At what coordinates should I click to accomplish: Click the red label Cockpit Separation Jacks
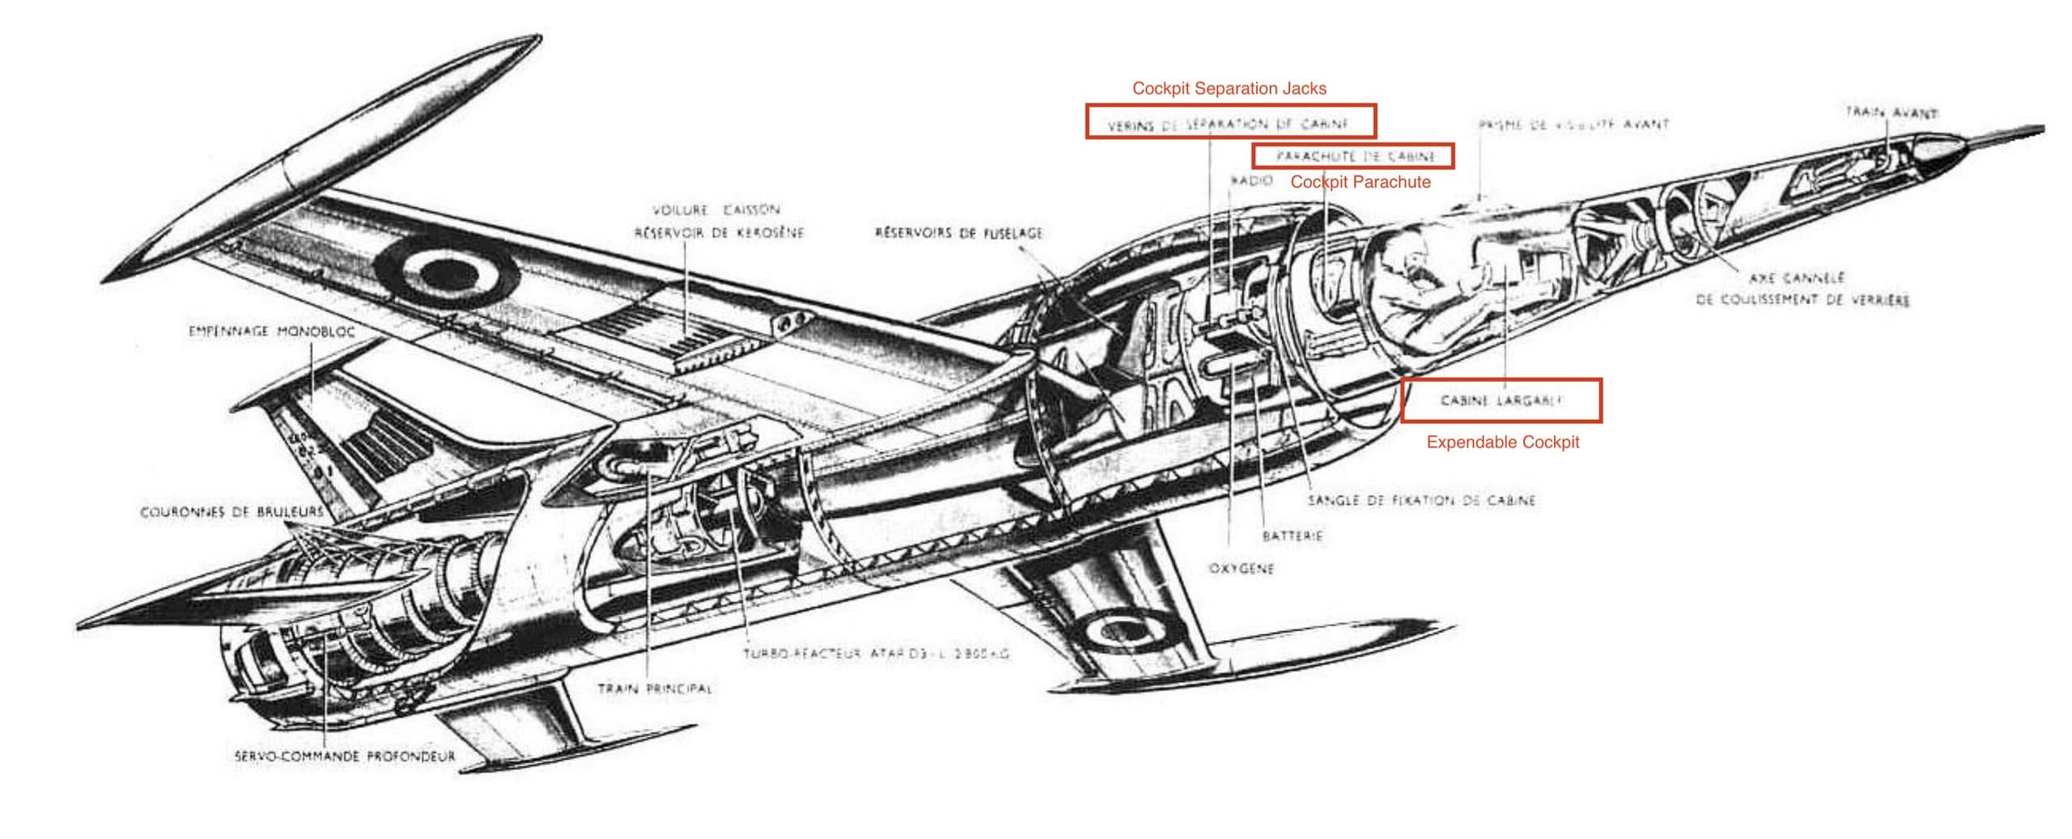click(1229, 88)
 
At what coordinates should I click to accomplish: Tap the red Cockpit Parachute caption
click(1360, 182)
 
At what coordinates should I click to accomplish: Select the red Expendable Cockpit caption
click(1502, 443)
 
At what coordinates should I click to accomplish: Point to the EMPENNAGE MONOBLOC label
click(271, 332)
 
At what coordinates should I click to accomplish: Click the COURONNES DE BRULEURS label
click(231, 512)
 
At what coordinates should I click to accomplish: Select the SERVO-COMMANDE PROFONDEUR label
click(345, 757)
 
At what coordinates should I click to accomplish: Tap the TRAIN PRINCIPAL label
click(655, 689)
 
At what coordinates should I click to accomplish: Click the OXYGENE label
click(1241, 569)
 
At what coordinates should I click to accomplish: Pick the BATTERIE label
click(1293, 536)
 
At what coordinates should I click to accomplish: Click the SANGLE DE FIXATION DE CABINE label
click(1421, 501)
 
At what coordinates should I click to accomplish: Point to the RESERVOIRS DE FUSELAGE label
click(959, 234)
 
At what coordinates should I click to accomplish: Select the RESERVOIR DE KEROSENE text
click(719, 233)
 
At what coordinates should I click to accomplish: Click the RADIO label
click(1251, 181)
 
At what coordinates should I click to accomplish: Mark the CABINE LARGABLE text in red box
click(1501, 400)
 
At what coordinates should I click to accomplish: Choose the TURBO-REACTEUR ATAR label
click(877, 653)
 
